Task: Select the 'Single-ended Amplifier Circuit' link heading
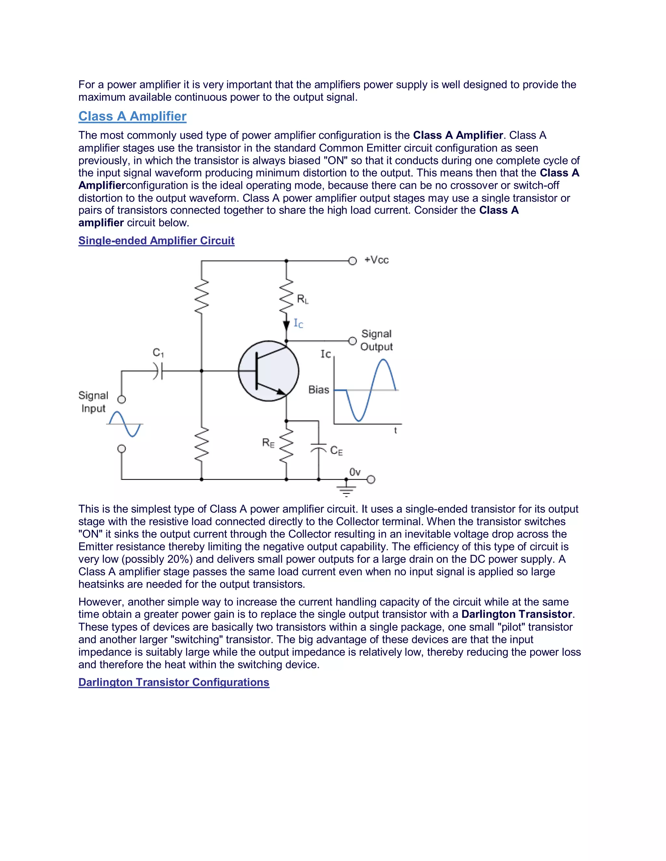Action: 156,240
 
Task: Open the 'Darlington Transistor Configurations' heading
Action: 174,682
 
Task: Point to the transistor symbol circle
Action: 268,371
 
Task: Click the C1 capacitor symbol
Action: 158,371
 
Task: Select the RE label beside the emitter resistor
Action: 268,443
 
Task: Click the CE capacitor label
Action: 337,451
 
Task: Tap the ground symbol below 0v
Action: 346,490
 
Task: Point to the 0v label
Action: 355,472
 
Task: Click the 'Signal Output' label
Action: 376,340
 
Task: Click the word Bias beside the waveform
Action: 319,390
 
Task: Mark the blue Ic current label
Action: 298,324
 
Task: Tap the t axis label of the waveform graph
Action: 395,430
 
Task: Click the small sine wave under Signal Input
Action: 125,424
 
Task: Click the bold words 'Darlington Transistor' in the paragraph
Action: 516,614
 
